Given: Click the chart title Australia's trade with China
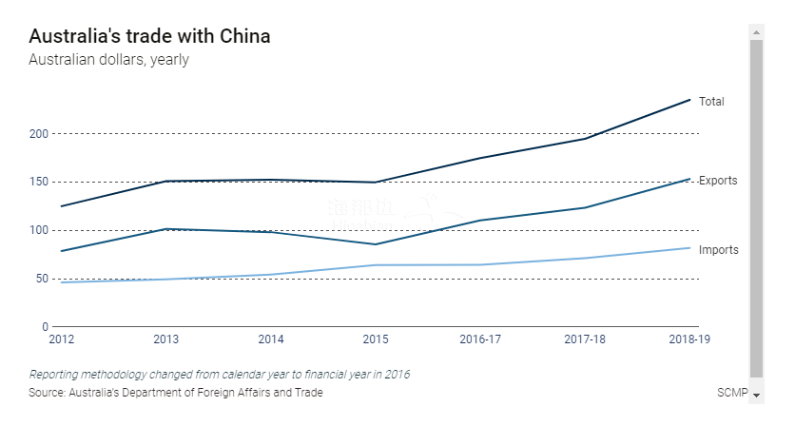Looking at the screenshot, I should (149, 36).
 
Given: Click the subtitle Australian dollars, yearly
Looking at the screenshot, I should (108, 60).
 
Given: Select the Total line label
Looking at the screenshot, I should (711, 101).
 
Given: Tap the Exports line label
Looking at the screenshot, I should (718, 180).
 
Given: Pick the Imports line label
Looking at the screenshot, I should (718, 249).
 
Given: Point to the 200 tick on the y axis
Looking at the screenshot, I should (39, 133).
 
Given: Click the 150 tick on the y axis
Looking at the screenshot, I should (39, 182).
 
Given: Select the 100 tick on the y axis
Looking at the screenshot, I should (39, 230).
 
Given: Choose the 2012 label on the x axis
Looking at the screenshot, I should (61, 339).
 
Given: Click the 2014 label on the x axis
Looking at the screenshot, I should (271, 339).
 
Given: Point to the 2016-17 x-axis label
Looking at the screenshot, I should (480, 339).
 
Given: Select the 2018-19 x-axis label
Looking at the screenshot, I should (689, 339).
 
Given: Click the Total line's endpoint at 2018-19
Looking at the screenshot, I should (690, 100).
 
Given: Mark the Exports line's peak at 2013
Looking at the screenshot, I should (166, 229).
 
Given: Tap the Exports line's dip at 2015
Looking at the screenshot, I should (376, 244).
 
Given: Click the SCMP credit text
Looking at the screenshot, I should (732, 393).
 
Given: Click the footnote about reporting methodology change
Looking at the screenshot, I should (219, 374).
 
